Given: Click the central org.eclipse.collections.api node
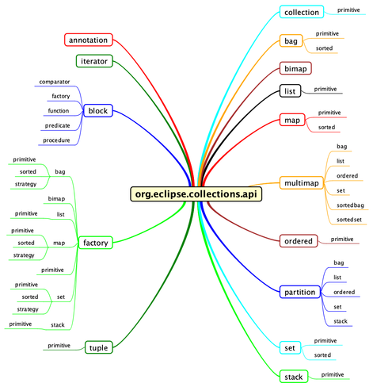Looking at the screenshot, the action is click(196, 194).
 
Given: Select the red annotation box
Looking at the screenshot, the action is click(89, 40).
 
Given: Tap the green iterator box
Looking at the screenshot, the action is click(94, 61).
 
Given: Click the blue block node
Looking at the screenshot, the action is click(98, 110).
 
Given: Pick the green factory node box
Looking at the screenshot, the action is click(96, 243).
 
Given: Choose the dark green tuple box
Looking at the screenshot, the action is click(99, 347).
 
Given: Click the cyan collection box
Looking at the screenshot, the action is click(302, 12).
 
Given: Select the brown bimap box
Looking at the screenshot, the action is click(295, 68).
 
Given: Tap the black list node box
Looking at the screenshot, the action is click(290, 91).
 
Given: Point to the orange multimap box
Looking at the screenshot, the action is click(302, 182).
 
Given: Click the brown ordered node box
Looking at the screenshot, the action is click(299, 241).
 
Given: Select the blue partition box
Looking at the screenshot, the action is click(300, 292).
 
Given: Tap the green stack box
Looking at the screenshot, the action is click(294, 377).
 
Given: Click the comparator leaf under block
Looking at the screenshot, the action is click(55, 82).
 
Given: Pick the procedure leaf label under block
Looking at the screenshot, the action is click(56, 140).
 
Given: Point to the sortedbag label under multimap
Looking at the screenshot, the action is click(350, 205).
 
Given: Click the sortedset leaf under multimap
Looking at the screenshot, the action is click(349, 220).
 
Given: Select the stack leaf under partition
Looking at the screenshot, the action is click(341, 321).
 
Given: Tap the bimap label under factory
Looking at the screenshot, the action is click(56, 198).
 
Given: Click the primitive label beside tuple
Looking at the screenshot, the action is click(59, 346).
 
